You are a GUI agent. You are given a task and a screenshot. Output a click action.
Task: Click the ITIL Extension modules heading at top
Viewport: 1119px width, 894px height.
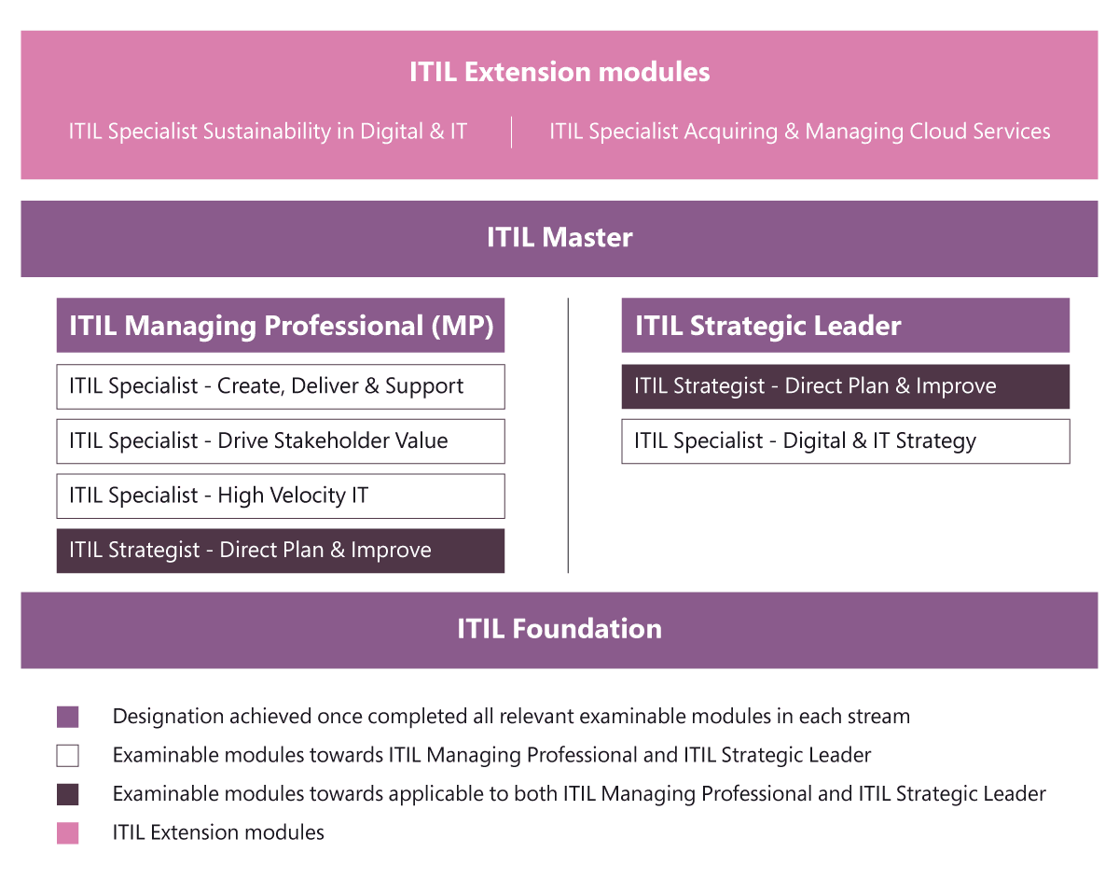pyautogui.click(x=559, y=72)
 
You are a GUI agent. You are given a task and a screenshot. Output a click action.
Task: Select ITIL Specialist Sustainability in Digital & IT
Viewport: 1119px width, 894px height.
pyautogui.click(x=268, y=132)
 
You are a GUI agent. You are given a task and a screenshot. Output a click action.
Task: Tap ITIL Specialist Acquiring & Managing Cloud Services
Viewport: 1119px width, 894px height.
pyautogui.click(x=800, y=132)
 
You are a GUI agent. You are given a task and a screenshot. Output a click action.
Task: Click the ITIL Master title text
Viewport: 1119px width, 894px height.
pyautogui.click(x=559, y=237)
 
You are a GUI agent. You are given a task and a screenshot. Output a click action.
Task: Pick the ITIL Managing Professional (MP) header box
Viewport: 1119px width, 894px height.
pyautogui.click(x=281, y=326)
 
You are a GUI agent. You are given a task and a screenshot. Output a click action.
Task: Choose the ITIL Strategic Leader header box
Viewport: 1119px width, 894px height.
pyautogui.click(x=846, y=326)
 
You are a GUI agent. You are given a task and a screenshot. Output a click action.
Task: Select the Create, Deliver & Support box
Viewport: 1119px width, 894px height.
pyautogui.click(x=281, y=386)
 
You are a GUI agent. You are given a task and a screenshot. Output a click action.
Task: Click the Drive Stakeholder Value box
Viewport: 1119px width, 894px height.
pyautogui.click(x=281, y=441)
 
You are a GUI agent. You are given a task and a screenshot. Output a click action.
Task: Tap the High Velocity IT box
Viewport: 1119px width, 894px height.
pyautogui.click(x=281, y=496)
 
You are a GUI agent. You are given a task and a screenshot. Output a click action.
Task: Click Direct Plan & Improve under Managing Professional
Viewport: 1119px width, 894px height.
pyautogui.click(x=281, y=552)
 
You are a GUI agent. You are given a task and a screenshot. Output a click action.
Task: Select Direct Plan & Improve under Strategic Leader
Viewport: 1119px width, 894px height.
pyautogui.click(x=846, y=386)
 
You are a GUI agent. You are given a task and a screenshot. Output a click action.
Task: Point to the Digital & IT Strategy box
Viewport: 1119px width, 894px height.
pyautogui.click(x=846, y=441)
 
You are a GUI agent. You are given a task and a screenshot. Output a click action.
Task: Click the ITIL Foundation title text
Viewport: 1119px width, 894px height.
pyautogui.click(x=559, y=629)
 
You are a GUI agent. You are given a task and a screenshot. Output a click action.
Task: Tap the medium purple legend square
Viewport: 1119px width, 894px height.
pyautogui.click(x=67, y=717)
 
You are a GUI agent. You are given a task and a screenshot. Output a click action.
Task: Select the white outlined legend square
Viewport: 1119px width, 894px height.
pyautogui.click(x=67, y=756)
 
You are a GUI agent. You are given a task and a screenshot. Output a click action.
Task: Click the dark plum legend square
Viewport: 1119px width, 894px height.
pyautogui.click(x=67, y=794)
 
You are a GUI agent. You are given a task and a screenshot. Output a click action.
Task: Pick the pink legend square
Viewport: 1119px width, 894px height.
pyautogui.click(x=67, y=833)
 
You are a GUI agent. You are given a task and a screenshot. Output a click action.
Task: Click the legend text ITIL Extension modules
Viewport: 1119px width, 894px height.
pyautogui.click(x=218, y=832)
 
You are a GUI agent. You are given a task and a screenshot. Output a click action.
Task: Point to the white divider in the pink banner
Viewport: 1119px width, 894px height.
pyautogui.click(x=512, y=133)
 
